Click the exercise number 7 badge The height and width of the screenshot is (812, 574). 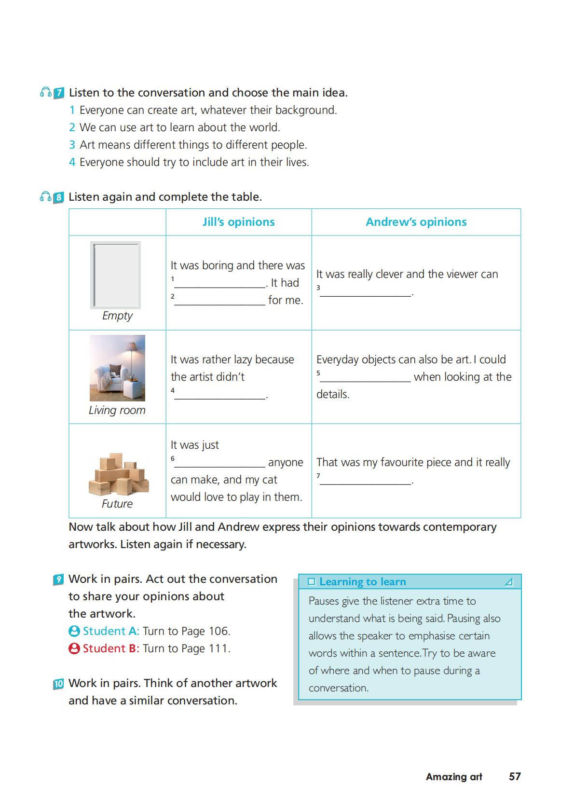point(58,93)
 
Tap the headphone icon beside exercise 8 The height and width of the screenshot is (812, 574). point(45,197)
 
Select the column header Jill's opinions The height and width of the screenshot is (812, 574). point(238,222)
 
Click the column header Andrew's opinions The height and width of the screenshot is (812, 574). point(416,222)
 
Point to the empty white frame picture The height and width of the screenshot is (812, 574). point(116,275)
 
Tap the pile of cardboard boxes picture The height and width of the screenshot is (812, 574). point(119,474)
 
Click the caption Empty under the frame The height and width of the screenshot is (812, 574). point(117,316)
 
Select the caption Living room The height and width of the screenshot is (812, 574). point(117,410)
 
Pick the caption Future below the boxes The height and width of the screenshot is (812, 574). point(117,504)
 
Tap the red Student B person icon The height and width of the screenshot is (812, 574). point(74,648)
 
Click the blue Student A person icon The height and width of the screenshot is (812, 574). point(74,631)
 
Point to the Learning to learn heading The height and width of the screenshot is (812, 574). point(362,582)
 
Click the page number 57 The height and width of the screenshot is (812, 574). point(515,776)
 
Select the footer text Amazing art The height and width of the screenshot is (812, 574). point(453,777)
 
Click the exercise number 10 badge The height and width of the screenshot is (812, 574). point(58,684)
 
